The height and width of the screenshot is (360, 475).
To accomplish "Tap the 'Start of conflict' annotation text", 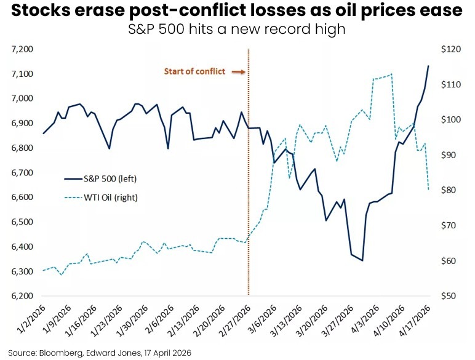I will [x=194, y=72].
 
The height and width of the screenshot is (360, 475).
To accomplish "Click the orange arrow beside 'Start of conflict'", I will [x=237, y=72].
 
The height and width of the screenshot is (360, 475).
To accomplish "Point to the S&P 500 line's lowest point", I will [x=362, y=260].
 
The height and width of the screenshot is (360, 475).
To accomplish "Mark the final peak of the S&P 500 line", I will [x=428, y=66].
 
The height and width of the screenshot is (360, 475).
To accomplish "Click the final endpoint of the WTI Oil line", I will [x=428, y=190].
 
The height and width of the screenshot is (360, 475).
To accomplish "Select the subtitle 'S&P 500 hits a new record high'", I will [x=237, y=29].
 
